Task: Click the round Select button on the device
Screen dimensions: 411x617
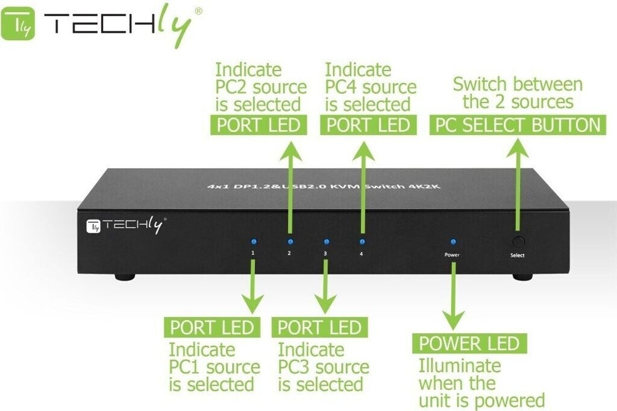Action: click(x=518, y=242)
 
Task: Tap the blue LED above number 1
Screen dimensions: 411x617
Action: click(x=253, y=240)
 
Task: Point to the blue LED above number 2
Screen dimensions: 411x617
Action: click(x=289, y=240)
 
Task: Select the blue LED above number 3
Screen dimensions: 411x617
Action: click(x=325, y=240)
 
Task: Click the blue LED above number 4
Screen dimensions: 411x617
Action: click(x=362, y=240)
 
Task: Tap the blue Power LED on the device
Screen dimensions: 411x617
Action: click(x=452, y=241)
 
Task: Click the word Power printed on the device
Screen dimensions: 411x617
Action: click(x=452, y=255)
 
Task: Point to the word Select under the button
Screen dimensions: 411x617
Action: click(x=517, y=256)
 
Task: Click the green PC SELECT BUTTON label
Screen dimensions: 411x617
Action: click(x=518, y=125)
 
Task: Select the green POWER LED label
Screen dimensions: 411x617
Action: click(x=469, y=344)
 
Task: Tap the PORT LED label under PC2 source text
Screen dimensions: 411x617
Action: click(x=258, y=125)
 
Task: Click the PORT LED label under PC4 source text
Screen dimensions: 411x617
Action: click(x=368, y=125)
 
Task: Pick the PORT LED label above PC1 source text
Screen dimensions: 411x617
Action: click(x=211, y=327)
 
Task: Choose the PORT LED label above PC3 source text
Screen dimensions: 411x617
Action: click(x=319, y=327)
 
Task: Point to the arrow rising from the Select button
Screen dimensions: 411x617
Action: click(x=516, y=181)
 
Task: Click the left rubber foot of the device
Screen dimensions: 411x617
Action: click(x=125, y=277)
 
